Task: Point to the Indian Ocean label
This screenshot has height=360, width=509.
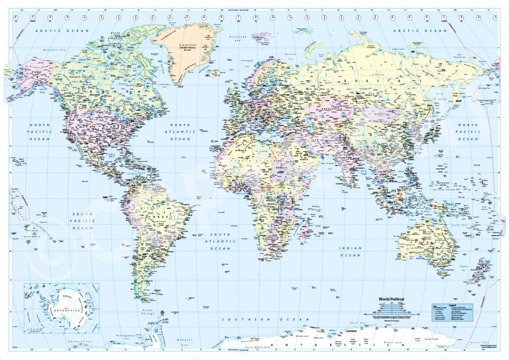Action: coord(351,251)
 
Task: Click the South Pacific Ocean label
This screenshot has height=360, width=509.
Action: coord(83,221)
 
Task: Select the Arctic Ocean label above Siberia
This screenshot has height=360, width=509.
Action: coord(422,30)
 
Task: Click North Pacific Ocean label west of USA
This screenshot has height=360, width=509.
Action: coord(41,132)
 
